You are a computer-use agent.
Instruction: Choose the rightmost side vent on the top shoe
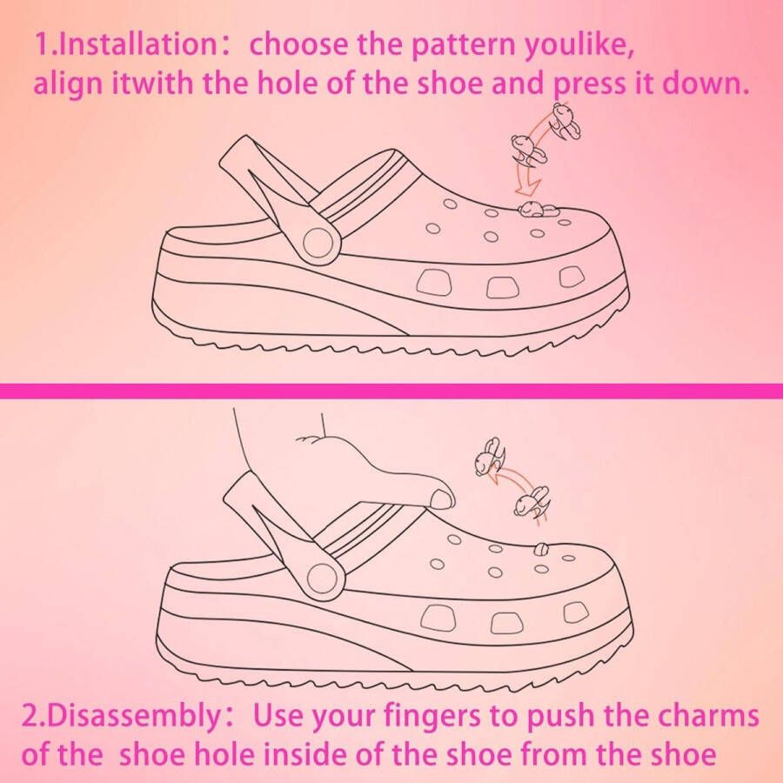point(571,276)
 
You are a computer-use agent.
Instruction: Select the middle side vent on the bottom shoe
point(505,621)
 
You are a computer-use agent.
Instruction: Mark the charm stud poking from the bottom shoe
point(540,548)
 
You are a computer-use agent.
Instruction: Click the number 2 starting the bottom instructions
point(30,719)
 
